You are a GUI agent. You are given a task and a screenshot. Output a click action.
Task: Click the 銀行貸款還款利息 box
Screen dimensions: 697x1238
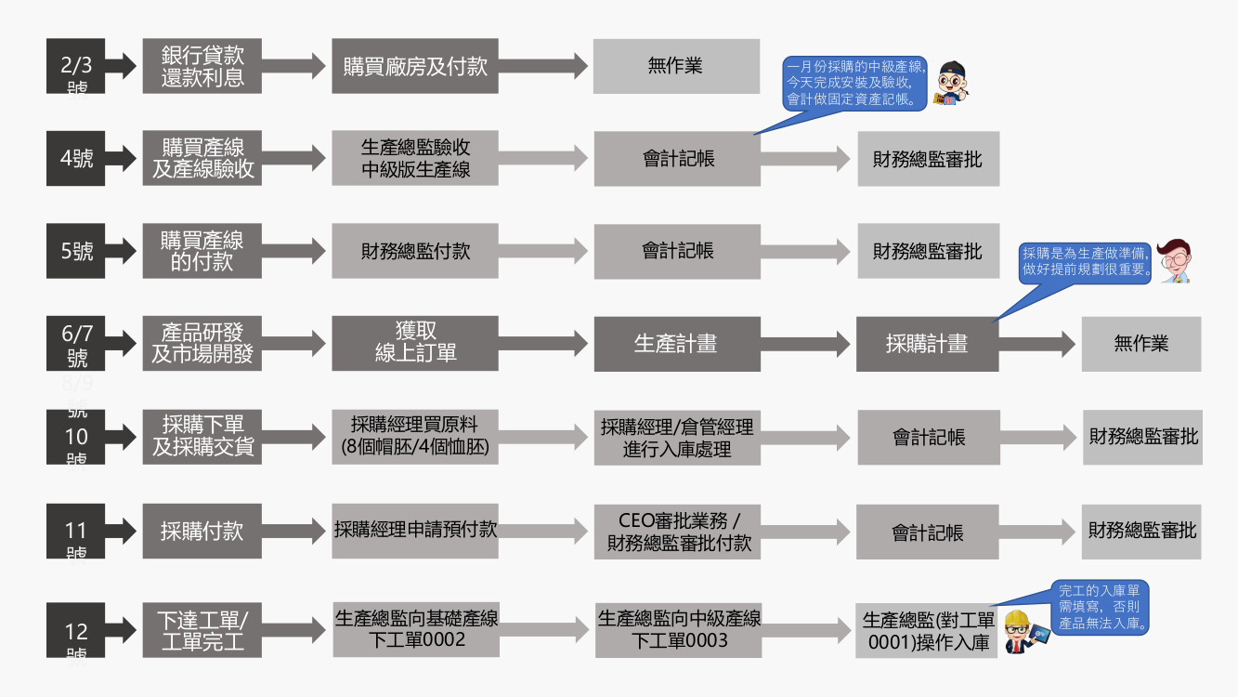(202, 66)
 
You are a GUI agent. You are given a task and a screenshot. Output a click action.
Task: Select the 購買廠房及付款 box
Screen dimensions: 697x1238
(414, 66)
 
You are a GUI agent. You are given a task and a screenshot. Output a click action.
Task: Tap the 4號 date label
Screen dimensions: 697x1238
(76, 158)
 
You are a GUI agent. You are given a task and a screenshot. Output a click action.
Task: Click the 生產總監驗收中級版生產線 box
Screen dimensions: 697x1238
(414, 158)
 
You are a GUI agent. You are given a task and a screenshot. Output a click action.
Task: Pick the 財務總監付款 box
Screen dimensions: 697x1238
(414, 251)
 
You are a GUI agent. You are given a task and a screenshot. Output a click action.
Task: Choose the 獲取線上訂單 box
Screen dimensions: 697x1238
(414, 343)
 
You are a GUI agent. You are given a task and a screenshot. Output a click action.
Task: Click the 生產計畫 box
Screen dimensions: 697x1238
(675, 344)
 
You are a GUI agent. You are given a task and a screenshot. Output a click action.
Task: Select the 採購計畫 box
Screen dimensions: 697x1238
(927, 344)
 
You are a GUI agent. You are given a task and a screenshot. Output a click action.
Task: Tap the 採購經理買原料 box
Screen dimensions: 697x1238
(414, 437)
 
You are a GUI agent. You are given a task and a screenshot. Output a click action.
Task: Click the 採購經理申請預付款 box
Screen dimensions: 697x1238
(414, 531)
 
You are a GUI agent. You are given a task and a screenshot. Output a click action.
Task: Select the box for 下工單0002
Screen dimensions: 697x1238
(415, 629)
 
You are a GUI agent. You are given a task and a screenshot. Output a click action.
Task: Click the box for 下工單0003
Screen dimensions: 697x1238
(678, 630)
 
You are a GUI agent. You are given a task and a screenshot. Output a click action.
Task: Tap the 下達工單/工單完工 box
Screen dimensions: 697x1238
(202, 629)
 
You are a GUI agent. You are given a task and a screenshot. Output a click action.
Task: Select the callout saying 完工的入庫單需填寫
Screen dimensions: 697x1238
(1102, 606)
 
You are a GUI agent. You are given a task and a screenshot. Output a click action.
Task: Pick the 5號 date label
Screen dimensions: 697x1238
(76, 251)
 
